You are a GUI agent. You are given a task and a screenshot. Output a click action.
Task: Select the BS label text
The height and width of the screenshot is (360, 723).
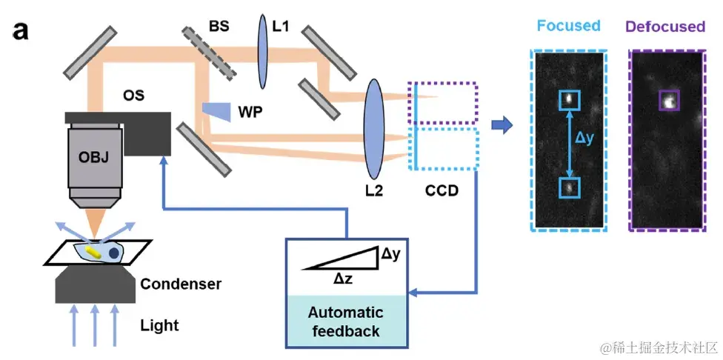(x=219, y=27)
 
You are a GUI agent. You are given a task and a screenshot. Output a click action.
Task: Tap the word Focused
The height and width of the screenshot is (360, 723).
(x=568, y=26)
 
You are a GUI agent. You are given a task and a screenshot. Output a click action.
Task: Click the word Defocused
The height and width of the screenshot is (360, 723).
(x=664, y=27)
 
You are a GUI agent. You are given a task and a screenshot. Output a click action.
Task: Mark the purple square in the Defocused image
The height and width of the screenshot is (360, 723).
(x=669, y=101)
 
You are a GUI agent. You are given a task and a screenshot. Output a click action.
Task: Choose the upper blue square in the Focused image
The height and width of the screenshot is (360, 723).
(x=568, y=99)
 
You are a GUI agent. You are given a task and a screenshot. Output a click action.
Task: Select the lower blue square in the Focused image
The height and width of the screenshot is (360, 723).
(x=568, y=187)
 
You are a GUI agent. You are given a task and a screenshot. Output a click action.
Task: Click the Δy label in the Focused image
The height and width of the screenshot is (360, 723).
(x=585, y=139)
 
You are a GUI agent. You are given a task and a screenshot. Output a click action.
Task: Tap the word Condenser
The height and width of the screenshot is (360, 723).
(x=181, y=284)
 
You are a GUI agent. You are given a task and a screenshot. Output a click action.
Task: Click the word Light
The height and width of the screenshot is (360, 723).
(x=159, y=325)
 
